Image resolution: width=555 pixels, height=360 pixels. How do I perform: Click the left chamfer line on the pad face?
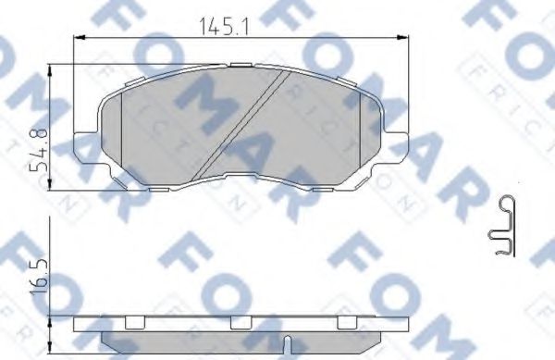tap(123, 130)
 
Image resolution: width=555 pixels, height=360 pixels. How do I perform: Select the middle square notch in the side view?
tap(240, 322)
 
